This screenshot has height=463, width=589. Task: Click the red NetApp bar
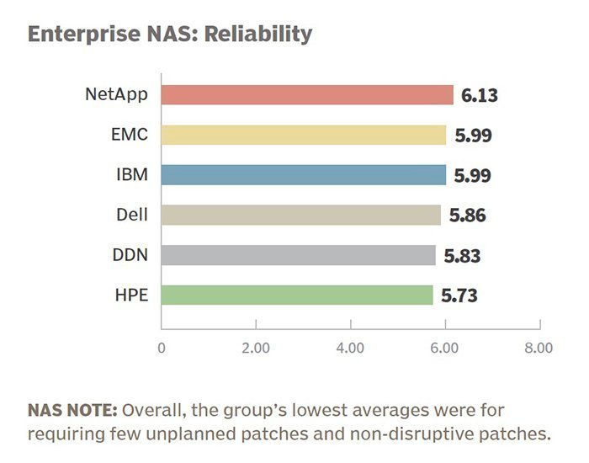click(306, 94)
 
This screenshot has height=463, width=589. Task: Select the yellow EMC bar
click(303, 135)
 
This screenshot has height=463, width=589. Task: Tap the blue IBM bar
click(303, 175)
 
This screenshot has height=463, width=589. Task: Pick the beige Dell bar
click(300, 215)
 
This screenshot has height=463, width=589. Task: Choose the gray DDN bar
click(298, 255)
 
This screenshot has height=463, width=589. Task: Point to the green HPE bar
click(296, 295)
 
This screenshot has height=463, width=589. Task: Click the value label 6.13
click(480, 95)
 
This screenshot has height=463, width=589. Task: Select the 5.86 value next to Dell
click(468, 216)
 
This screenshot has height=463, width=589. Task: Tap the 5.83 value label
click(463, 256)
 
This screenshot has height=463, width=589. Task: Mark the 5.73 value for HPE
click(459, 295)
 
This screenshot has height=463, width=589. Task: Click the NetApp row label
click(117, 94)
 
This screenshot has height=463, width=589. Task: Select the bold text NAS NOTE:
click(72, 411)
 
